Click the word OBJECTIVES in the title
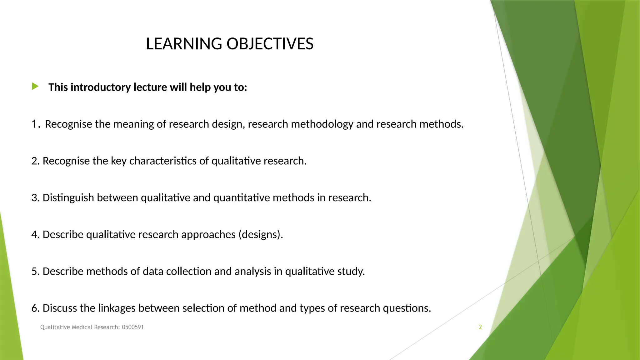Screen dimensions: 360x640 coord(270,44)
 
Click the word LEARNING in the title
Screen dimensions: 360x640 coord(184,44)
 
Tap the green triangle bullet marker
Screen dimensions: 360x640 coord(35,86)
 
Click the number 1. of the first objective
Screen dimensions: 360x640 coord(36,124)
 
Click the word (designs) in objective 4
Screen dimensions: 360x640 coord(261,235)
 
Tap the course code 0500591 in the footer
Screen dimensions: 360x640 coord(132,327)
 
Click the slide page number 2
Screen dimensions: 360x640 coord(480,327)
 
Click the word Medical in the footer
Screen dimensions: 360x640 coord(82,327)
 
